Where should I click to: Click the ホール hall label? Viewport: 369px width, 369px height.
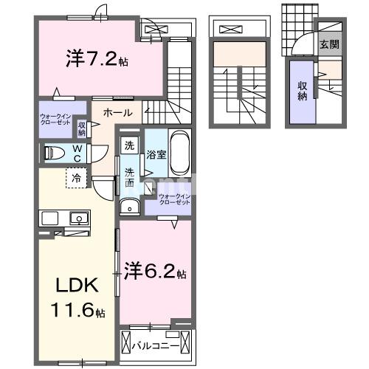coord(118,113)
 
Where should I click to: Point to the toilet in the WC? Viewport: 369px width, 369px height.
coord(56,153)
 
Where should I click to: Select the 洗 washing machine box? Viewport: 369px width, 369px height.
coord(129,145)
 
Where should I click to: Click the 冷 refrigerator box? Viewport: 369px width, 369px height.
coord(75,177)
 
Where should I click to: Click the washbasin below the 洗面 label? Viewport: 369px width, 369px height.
coord(130,205)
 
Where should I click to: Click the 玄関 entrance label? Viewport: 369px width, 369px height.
coord(329,44)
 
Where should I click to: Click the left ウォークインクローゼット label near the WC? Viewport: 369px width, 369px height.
coord(56,119)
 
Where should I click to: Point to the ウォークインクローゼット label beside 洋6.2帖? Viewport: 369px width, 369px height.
coord(175,199)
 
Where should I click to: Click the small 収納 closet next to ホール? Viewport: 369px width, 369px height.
coord(82,128)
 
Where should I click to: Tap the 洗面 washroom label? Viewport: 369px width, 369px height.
coord(129,176)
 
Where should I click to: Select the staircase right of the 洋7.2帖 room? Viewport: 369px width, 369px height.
coord(177,74)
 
